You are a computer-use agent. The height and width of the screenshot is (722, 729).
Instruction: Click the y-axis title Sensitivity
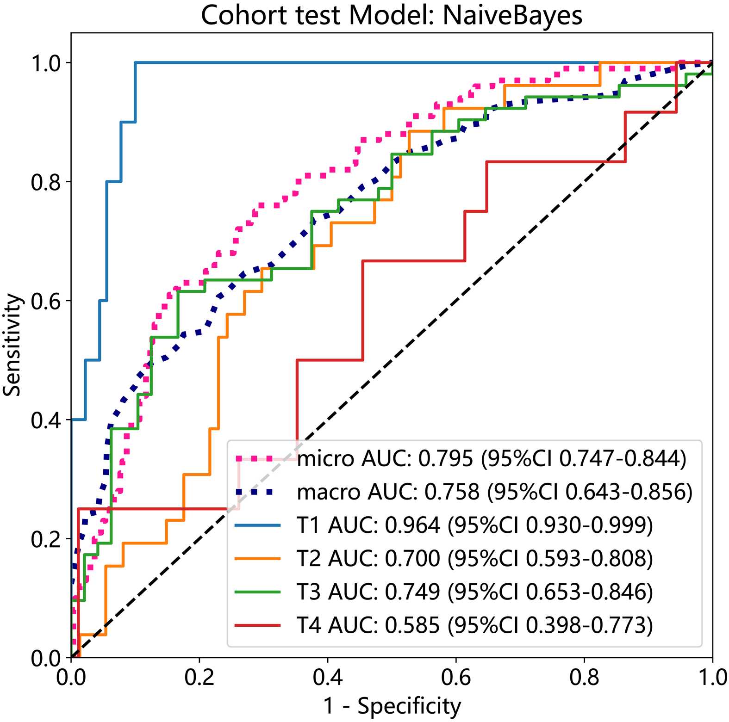pos(12,345)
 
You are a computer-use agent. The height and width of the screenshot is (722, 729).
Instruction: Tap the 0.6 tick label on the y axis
pos(46,301)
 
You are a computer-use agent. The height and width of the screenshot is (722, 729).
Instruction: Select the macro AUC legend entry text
pos(494,492)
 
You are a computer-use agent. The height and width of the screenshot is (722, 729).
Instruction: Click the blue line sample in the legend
pos(258,525)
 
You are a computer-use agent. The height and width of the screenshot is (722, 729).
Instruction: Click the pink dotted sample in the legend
pos(258,459)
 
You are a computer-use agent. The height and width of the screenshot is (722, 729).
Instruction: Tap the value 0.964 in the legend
pos(412,525)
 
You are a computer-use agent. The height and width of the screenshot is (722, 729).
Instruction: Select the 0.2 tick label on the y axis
pos(46,539)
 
